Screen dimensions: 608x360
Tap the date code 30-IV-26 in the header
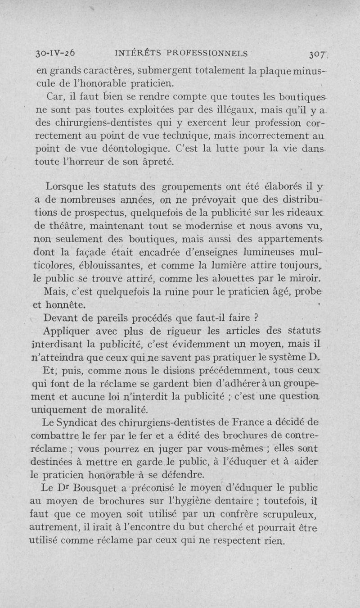(x=55, y=53)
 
